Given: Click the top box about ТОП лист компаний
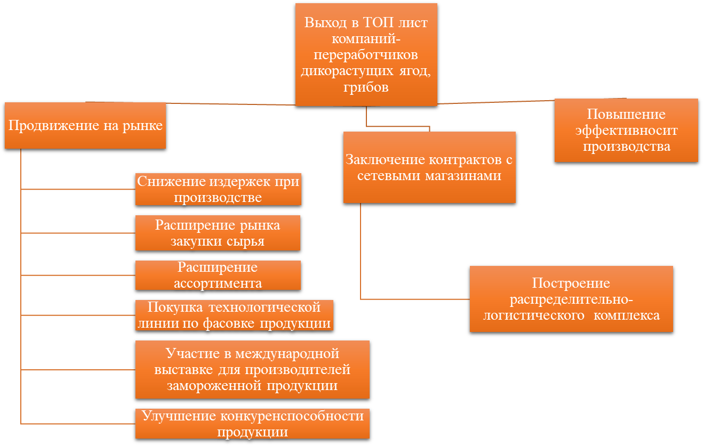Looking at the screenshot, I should (x=366, y=54).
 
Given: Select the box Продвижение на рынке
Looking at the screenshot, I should (x=85, y=126).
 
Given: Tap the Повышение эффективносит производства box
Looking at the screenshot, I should (x=626, y=130).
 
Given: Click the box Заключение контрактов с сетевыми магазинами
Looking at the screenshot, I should (x=429, y=167).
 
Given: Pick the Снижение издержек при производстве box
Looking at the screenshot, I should (x=218, y=189).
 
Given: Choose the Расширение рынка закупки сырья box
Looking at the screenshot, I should (x=218, y=233).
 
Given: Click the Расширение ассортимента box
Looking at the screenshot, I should (x=218, y=275).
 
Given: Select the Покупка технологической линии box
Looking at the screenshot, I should (x=234, y=315).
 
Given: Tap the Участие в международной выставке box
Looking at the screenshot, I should (x=252, y=369).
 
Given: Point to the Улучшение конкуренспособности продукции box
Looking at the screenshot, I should (x=252, y=424).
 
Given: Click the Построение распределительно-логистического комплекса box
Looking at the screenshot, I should (x=571, y=299).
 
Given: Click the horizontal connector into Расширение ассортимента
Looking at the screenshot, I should (x=78, y=275).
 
